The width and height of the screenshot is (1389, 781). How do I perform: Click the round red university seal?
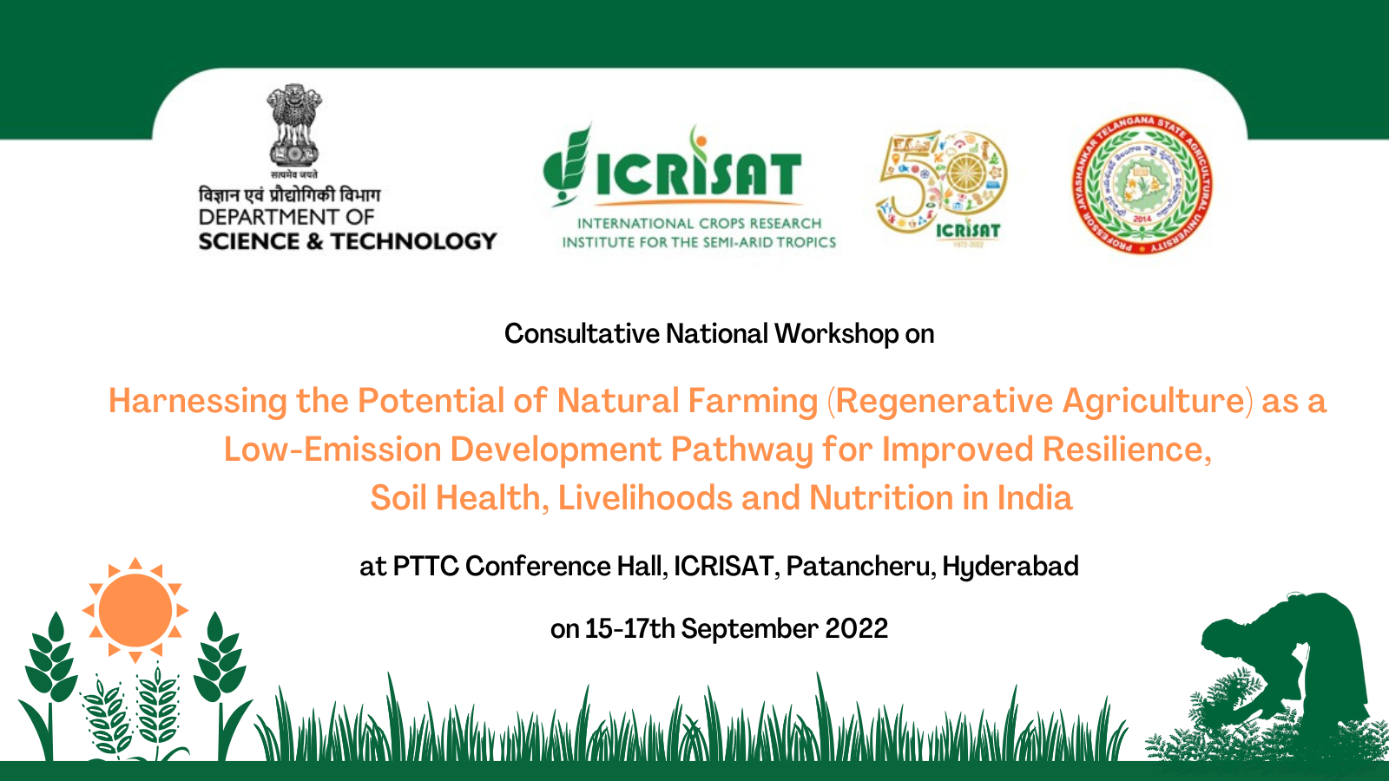click(1142, 185)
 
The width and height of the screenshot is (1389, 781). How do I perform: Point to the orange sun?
click(135, 610)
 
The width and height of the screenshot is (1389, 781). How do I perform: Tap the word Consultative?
click(582, 334)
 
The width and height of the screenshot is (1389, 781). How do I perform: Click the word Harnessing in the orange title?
click(197, 401)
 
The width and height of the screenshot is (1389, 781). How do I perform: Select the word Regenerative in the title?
click(945, 401)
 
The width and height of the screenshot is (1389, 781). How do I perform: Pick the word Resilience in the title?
click(1126, 450)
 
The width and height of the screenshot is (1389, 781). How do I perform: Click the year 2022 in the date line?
click(856, 629)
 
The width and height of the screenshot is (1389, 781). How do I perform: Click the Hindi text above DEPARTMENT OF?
click(289, 194)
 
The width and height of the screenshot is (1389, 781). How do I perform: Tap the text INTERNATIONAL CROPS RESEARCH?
click(699, 224)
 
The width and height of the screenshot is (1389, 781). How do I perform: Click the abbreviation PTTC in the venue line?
click(425, 567)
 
